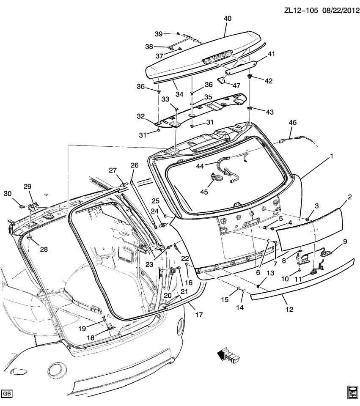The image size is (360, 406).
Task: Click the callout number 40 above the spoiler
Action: click(x=228, y=19)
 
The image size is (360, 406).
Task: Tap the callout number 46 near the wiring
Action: click(x=293, y=123)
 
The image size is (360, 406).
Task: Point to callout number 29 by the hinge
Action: click(x=27, y=187)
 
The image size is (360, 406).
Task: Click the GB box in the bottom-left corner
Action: click(x=7, y=393)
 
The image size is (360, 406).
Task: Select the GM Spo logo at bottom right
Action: click(x=352, y=392)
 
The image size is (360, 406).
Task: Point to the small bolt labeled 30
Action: click(x=22, y=206)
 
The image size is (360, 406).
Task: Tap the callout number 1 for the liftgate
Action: click(x=332, y=156)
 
